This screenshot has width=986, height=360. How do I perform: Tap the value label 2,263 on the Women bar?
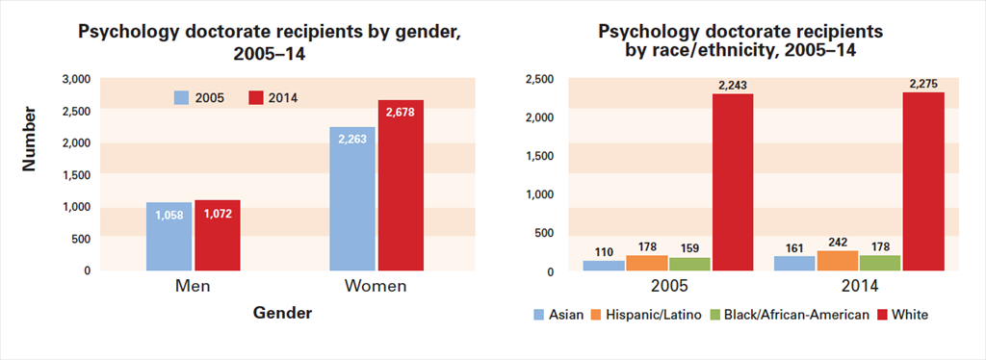click(352, 138)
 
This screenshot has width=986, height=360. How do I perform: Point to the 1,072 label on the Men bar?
click(218, 213)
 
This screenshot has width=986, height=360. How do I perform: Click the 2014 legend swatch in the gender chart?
click(256, 98)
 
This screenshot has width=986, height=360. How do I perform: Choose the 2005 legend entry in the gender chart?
click(199, 98)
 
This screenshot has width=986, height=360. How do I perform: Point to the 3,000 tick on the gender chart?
click(74, 78)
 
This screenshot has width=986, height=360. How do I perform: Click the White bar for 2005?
click(733, 182)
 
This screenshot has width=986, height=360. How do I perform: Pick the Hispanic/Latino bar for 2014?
click(837, 261)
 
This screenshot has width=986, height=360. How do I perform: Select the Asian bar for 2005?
click(604, 266)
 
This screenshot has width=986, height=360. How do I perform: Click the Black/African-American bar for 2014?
click(879, 263)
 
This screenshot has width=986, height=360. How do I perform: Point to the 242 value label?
click(837, 243)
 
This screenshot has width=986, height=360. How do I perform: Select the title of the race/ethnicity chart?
click(739, 40)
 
